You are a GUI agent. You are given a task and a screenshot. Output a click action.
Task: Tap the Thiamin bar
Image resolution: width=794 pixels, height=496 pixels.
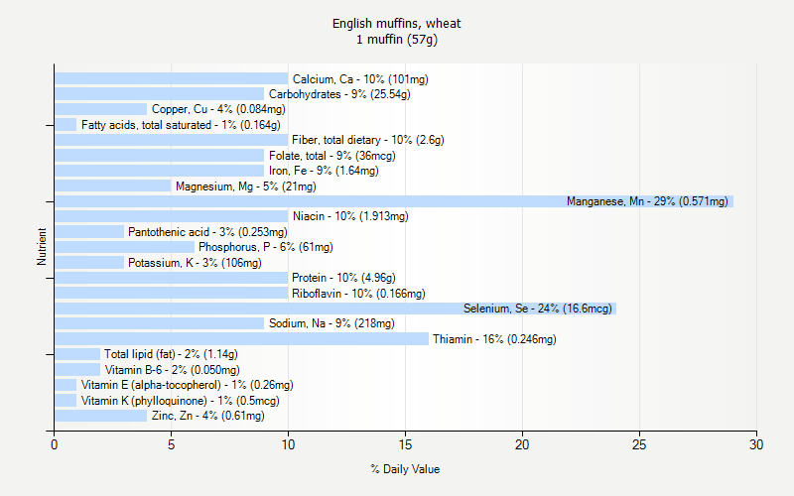241,339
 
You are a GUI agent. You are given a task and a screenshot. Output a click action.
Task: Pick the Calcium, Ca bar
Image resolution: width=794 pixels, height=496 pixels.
171,78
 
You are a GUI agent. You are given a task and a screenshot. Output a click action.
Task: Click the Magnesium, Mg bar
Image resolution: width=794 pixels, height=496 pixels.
112,186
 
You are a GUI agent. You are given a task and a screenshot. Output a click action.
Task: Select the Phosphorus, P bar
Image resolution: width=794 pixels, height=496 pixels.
124,247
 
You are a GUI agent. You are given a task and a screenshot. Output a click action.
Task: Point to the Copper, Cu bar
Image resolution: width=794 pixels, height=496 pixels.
100,109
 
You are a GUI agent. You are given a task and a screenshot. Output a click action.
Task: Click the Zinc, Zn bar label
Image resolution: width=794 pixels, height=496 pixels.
207,416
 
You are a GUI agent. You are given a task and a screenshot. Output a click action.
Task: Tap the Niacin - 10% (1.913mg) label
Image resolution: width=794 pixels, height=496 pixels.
350,216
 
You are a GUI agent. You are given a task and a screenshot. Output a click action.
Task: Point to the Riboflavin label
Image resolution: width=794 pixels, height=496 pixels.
358,294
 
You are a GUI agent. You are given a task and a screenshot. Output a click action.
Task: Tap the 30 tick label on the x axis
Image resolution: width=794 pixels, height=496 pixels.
756,445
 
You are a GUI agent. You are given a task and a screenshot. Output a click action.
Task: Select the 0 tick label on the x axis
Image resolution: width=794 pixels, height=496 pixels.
55,445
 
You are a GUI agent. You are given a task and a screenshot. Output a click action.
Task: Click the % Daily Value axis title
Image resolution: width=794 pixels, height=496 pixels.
405,469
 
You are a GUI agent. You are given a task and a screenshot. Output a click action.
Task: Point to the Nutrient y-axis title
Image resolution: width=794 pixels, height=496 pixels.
42,247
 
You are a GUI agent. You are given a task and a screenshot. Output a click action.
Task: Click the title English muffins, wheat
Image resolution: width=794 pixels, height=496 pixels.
397,23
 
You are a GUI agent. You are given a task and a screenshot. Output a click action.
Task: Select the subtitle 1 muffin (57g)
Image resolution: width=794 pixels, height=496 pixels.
397,40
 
